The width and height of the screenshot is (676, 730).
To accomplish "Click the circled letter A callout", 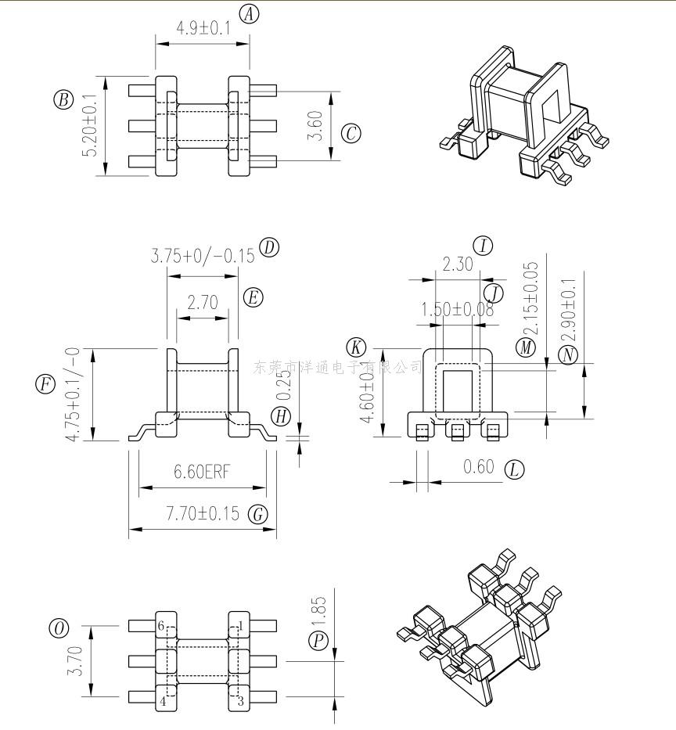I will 249,13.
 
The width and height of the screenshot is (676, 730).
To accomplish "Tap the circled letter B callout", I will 63,99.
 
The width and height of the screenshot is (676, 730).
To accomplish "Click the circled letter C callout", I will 351,133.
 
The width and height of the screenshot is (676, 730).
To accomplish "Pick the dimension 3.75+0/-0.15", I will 203,256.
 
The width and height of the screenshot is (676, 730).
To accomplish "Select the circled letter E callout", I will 253,297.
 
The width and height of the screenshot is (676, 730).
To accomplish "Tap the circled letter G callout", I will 257,514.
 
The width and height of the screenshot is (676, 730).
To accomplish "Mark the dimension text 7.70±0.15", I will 201,514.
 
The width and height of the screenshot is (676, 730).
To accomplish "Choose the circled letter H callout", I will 282,415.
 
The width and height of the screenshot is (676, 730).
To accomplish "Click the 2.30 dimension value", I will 458,264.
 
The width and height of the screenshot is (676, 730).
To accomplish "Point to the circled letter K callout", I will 357,347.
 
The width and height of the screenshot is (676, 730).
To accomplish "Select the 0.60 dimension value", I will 479,467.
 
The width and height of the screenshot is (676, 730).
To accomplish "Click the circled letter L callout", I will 514,469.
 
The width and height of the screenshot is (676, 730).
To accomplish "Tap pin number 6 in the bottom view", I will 161,626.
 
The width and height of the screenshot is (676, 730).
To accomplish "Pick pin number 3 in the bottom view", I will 240,701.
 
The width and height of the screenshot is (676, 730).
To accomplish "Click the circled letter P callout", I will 318,641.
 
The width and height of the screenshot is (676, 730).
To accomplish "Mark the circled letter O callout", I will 59,628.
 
